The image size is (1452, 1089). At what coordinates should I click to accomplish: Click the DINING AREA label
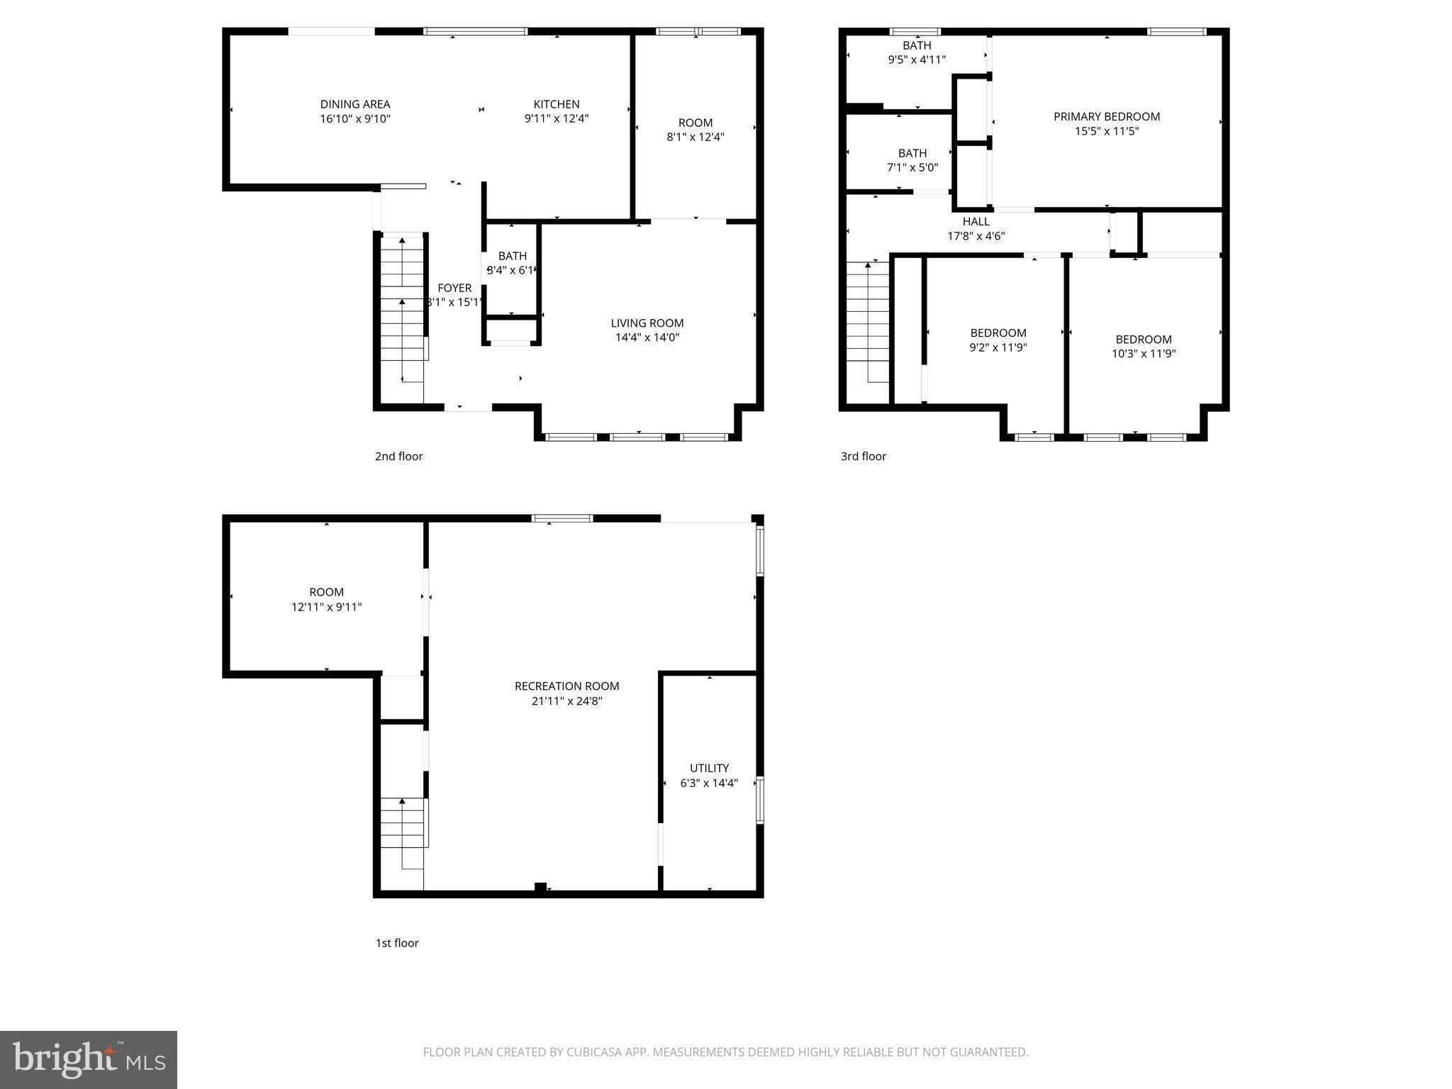[x=354, y=104]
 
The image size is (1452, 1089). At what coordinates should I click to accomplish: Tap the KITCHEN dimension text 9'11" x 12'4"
[x=557, y=119]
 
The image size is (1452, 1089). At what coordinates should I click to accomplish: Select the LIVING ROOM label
[x=647, y=323]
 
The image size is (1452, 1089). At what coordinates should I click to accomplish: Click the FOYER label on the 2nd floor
[x=454, y=288]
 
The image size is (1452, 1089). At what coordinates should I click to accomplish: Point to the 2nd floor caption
[x=398, y=457]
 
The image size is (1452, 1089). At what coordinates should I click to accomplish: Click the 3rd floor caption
[x=863, y=457]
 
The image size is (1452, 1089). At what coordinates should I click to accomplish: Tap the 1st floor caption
[x=396, y=943]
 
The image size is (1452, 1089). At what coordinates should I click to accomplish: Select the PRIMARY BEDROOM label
[x=1106, y=117]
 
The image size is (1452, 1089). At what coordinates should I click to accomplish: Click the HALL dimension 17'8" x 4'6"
[x=976, y=236]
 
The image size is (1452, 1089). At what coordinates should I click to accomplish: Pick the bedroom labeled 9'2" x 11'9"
[x=998, y=340]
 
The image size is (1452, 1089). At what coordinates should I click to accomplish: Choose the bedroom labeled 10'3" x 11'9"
[x=1143, y=347]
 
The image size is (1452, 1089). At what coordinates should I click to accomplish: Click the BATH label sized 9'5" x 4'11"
[x=917, y=46]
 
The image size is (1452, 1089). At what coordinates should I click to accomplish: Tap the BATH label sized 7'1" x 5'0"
[x=912, y=153]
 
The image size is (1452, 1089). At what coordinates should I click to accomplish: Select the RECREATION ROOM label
[x=566, y=686]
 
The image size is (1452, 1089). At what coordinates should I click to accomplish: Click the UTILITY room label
[x=709, y=768]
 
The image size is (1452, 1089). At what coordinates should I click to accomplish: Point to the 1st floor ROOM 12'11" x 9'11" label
[x=326, y=592]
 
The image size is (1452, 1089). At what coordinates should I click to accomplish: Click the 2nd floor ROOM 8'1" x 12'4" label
[x=695, y=123]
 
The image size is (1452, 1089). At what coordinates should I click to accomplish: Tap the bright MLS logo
[x=89, y=1060]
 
